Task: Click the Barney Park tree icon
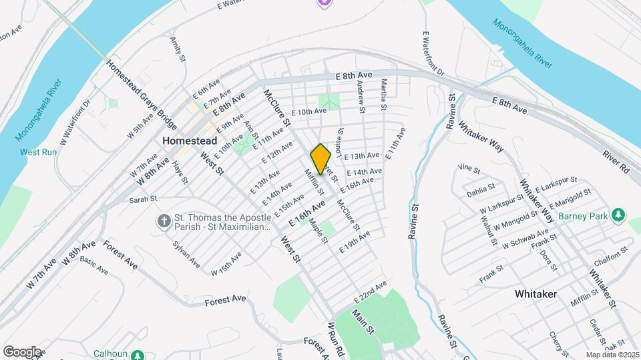(619, 215)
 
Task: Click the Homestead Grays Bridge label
(141, 97)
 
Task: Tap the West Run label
(39, 152)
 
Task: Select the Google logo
(21, 351)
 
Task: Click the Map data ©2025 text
(612, 355)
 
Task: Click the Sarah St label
(142, 199)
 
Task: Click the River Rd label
(616, 163)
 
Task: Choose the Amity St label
(177, 50)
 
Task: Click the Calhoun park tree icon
(138, 355)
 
